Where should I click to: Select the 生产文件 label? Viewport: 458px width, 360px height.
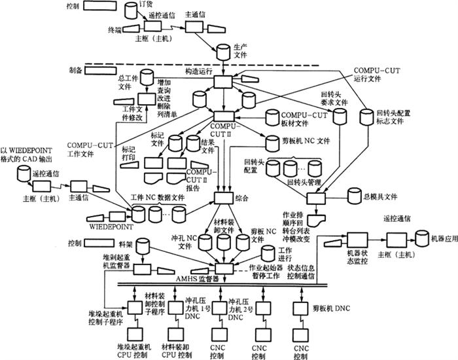[x=241, y=50]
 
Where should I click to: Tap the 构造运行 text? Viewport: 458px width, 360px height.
[x=199, y=70]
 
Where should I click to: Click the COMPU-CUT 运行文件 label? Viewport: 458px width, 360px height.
[x=376, y=74]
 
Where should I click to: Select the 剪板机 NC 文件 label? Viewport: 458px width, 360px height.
[x=308, y=140]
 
